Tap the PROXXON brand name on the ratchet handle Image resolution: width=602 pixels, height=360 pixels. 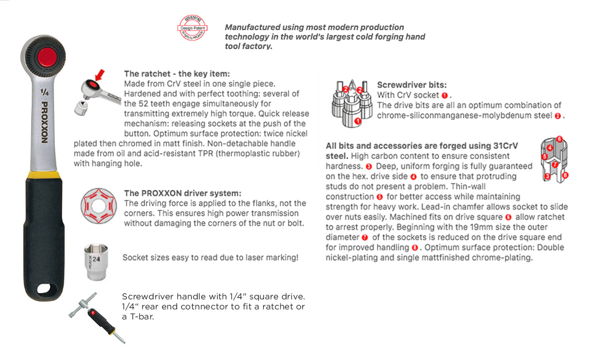click(x=44, y=122)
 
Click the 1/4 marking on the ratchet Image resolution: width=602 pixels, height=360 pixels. click(x=44, y=92)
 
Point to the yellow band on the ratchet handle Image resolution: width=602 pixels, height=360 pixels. click(x=44, y=175)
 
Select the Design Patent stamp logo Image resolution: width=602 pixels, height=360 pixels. click(x=192, y=28)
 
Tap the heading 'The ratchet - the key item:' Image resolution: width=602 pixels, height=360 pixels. click(x=177, y=74)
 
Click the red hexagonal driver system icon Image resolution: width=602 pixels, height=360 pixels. click(x=99, y=206)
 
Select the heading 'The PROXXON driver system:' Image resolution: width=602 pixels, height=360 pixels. click(x=183, y=193)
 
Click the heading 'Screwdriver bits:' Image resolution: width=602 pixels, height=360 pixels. click(x=411, y=85)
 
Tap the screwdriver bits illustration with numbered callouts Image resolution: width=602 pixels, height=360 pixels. click(x=352, y=103)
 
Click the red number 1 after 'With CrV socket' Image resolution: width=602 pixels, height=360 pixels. click(x=444, y=95)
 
